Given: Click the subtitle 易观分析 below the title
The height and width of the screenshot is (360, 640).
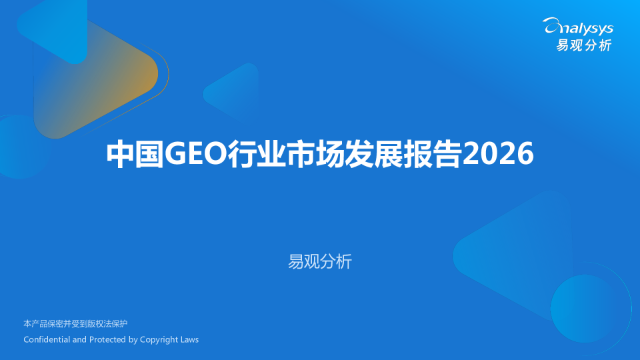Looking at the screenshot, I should coord(319,261).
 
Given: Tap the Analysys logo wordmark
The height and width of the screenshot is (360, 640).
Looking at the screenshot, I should coord(578,27).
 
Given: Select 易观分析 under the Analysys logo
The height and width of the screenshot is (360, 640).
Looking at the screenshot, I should coord(584,45).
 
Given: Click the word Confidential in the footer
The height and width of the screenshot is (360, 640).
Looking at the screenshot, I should coord(46,339).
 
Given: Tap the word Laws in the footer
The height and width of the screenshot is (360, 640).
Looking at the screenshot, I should coord(189,339).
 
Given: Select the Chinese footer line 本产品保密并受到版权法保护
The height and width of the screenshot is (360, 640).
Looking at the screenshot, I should coord(75,324).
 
